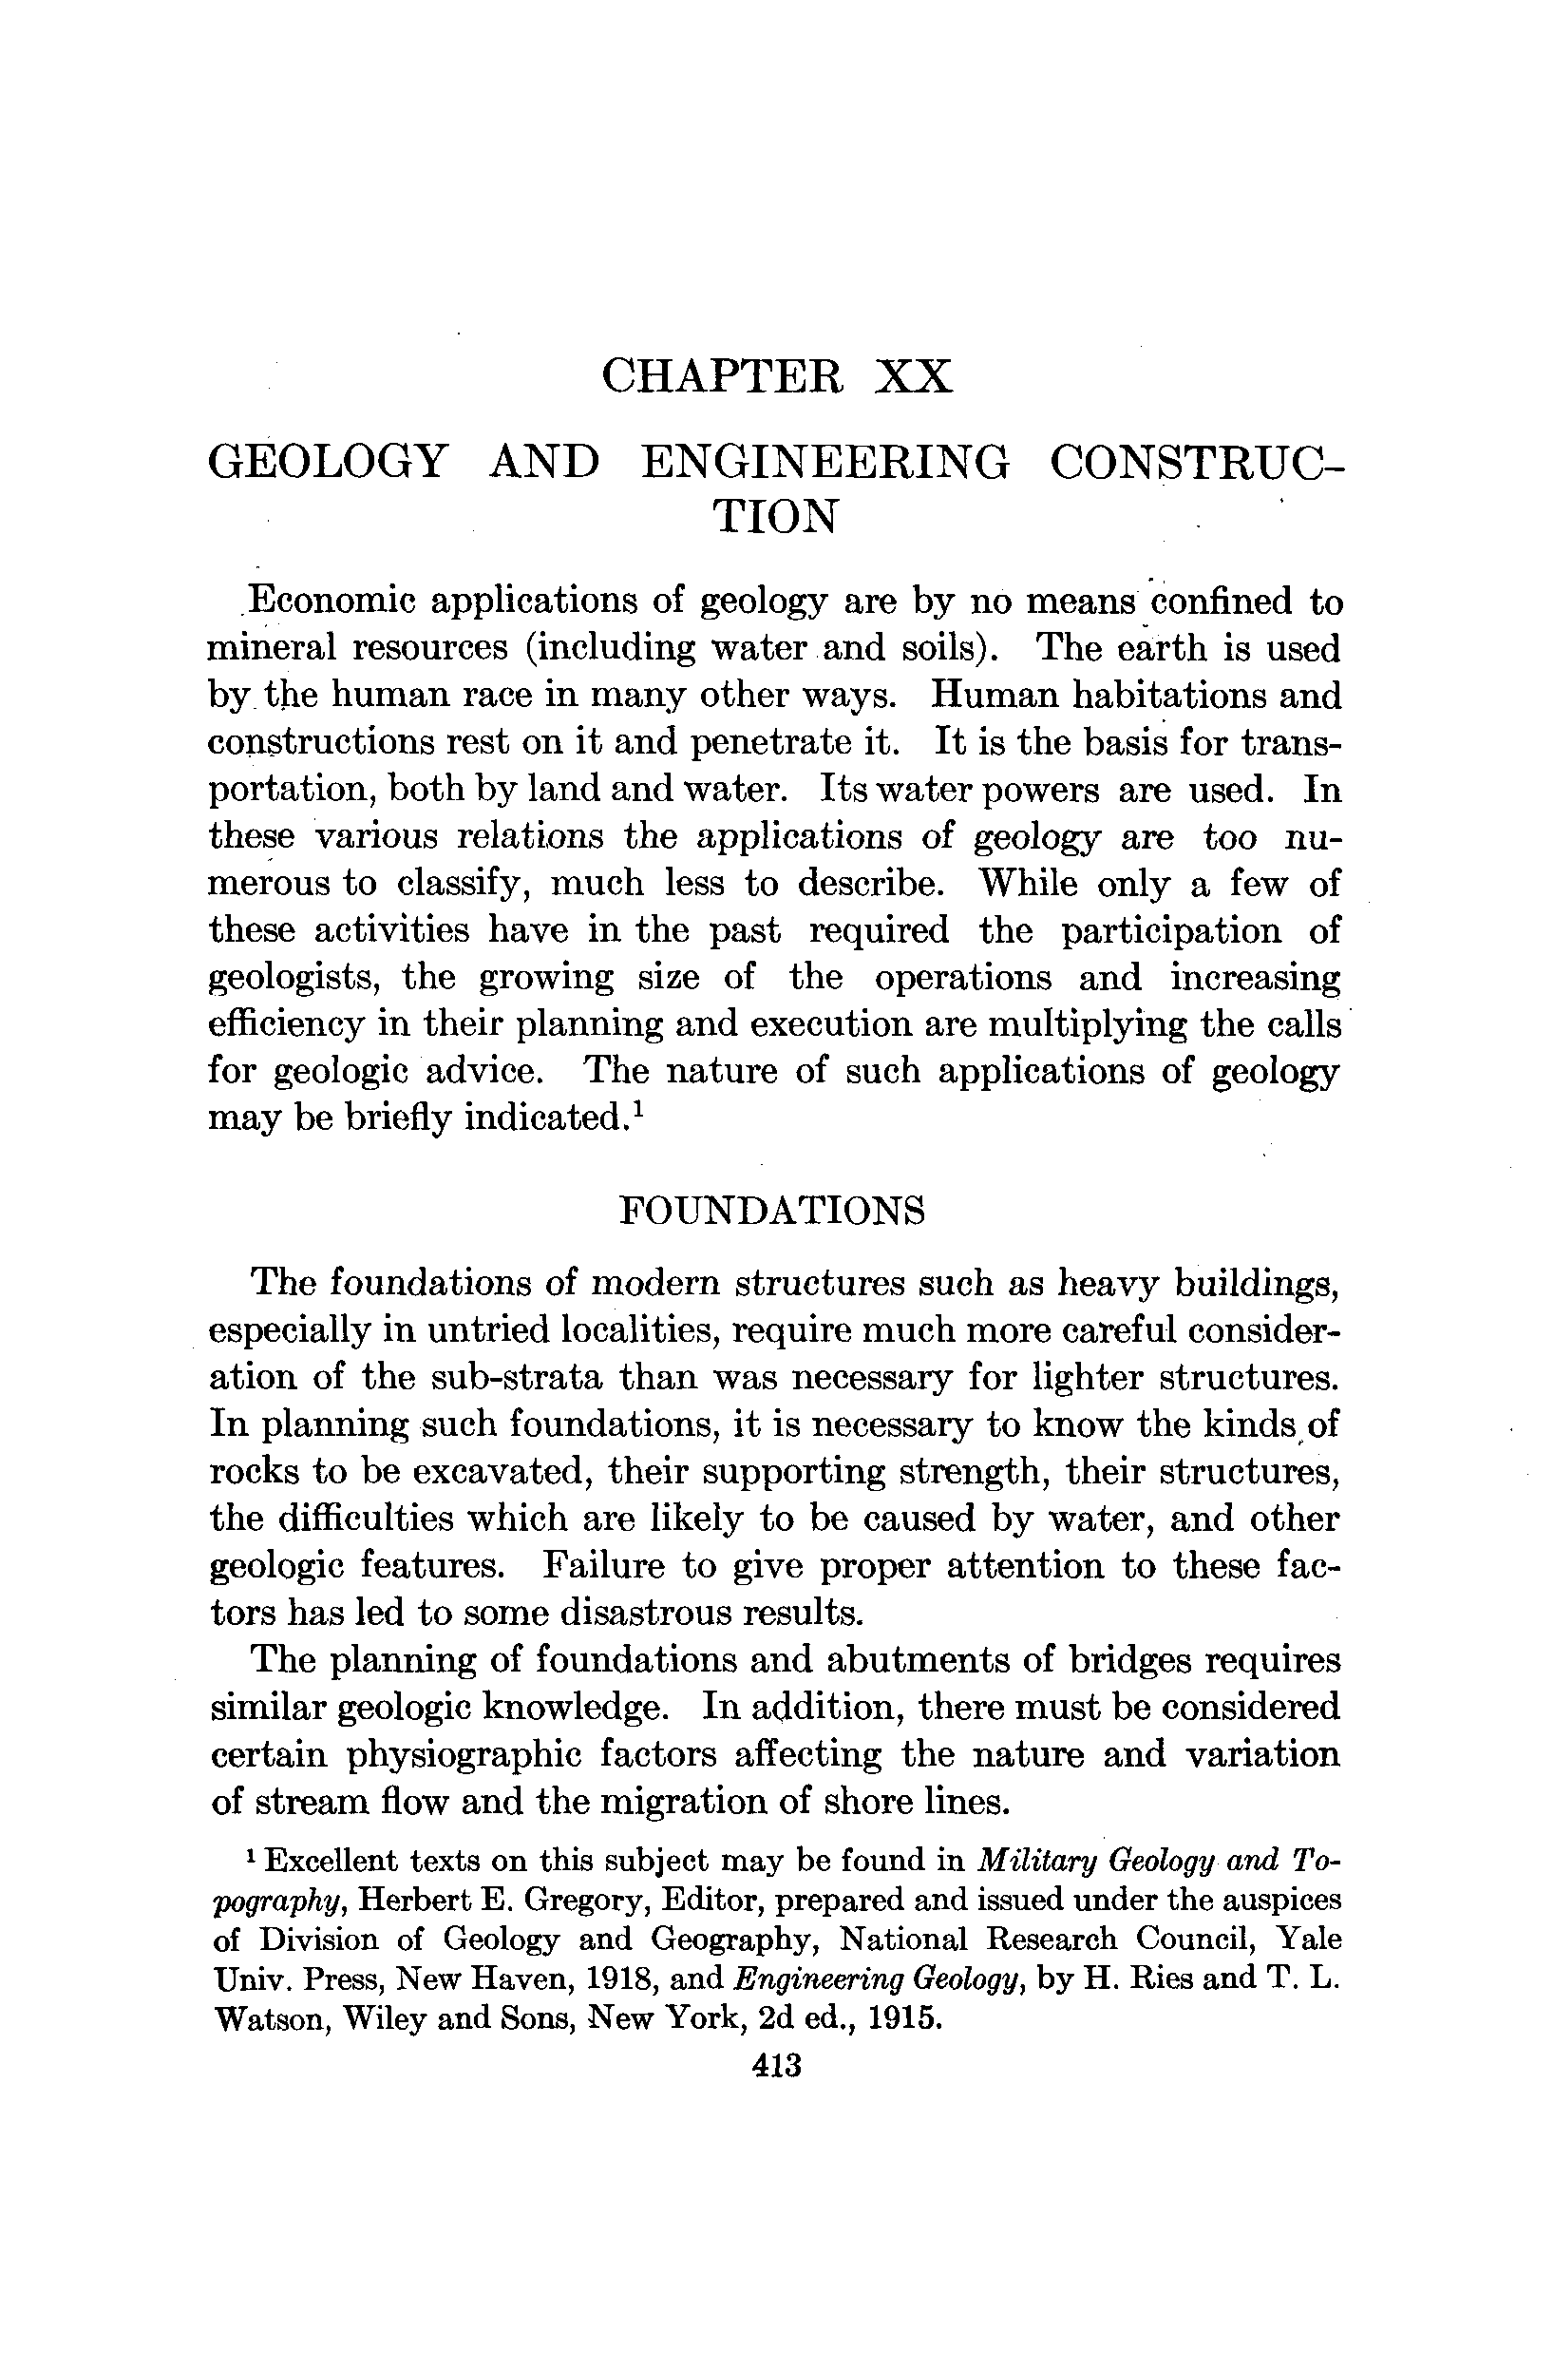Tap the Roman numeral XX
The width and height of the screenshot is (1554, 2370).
pos(912,376)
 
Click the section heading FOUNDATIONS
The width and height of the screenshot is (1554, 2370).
pos(771,1211)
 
